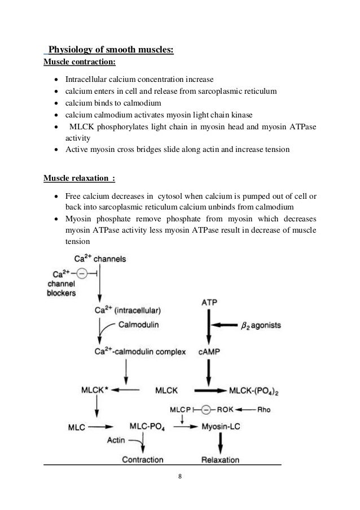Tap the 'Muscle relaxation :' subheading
[79, 179]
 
